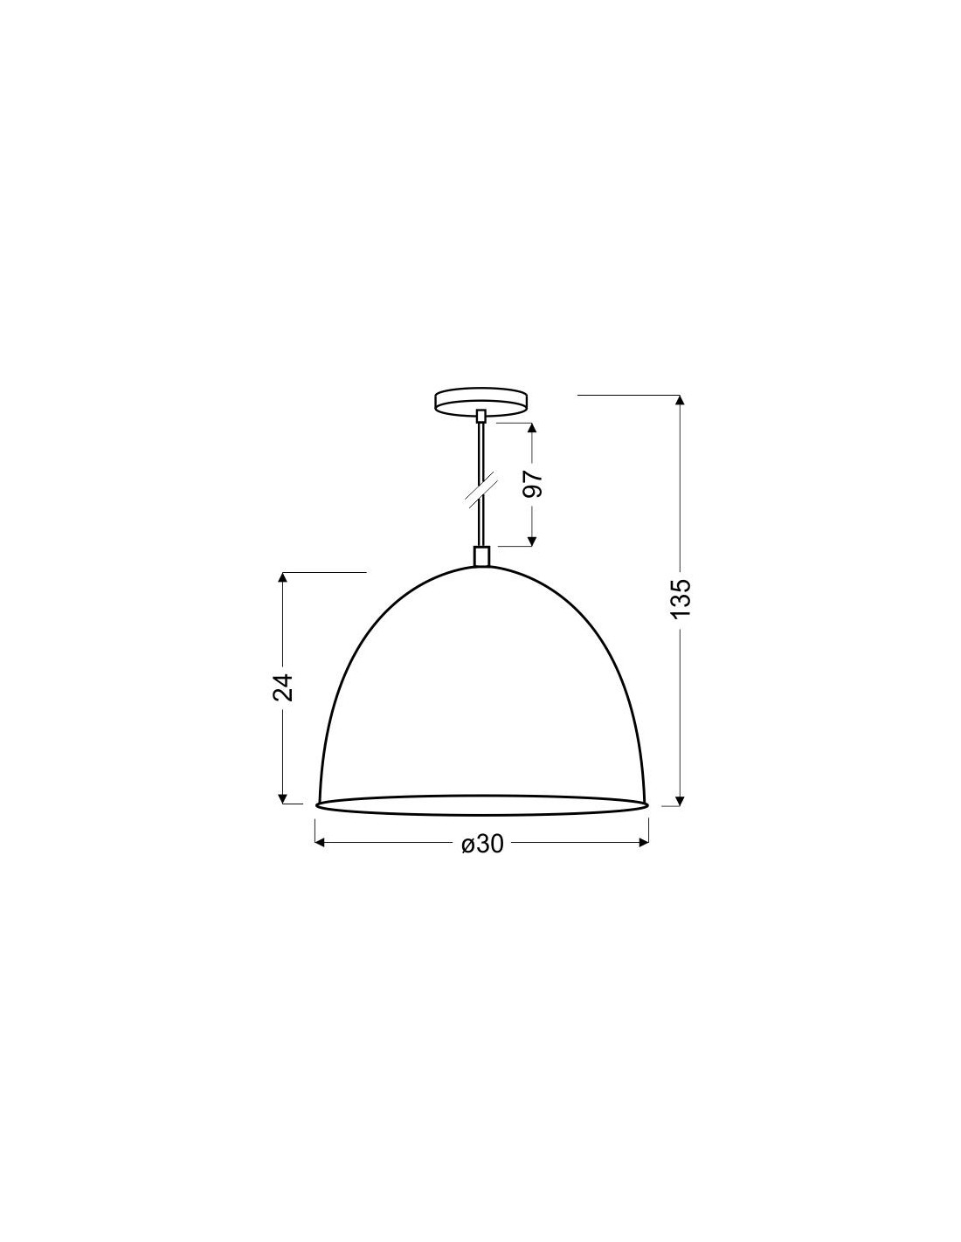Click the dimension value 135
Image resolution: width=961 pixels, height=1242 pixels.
tap(681, 597)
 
